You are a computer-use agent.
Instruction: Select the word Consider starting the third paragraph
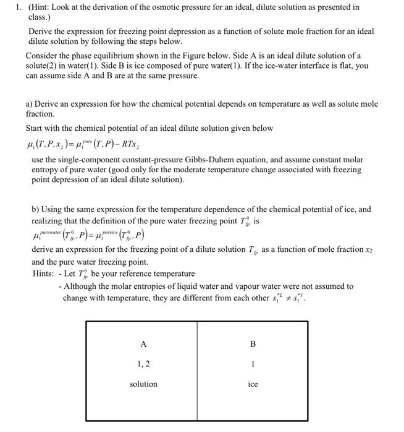pyautogui.click(x=43, y=55)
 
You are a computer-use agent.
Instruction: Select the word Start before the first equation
pyautogui.click(x=35, y=128)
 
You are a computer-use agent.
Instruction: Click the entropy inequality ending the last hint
pyautogui.click(x=290, y=297)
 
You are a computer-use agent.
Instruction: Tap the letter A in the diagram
pyautogui.click(x=143, y=344)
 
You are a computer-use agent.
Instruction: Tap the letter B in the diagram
pyautogui.click(x=252, y=344)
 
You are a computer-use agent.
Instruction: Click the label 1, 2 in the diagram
pyautogui.click(x=143, y=364)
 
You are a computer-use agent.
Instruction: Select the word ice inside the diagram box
pyautogui.click(x=253, y=384)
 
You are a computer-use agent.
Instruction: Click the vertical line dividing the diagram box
pyautogui.click(x=198, y=373)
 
